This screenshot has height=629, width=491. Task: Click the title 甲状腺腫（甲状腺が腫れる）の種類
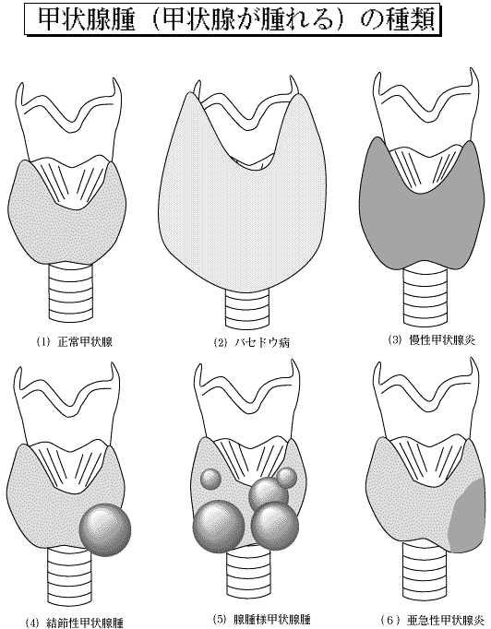pyautogui.click(x=236, y=19)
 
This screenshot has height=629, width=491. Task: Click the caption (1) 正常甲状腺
pyautogui.click(x=74, y=342)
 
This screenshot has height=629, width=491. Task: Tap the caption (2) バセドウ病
pyautogui.click(x=251, y=342)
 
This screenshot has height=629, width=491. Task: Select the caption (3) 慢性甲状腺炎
pyautogui.click(x=432, y=340)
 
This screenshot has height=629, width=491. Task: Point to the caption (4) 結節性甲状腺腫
pyautogui.click(x=74, y=623)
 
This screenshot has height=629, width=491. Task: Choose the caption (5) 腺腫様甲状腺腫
pyautogui.click(x=261, y=619)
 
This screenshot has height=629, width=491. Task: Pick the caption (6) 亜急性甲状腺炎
pyautogui.click(x=435, y=620)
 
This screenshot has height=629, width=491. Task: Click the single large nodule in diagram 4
pyautogui.click(x=105, y=529)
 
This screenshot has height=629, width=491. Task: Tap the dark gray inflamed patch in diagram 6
pyautogui.click(x=469, y=516)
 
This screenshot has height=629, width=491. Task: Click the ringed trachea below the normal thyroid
pyautogui.click(x=71, y=292)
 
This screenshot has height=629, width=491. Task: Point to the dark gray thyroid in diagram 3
pyautogui.click(x=422, y=205)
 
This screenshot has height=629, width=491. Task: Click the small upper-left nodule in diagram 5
pyautogui.click(x=210, y=479)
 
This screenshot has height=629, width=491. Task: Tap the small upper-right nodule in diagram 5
pyautogui.click(x=287, y=478)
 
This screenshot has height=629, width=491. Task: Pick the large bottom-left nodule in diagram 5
pyautogui.click(x=219, y=527)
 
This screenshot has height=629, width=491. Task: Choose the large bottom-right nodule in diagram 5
pyautogui.click(x=275, y=526)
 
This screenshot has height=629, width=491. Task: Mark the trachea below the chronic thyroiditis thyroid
pyautogui.click(x=425, y=296)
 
